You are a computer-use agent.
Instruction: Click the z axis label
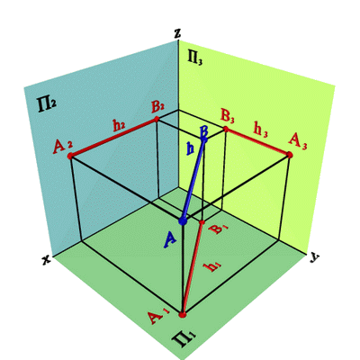pyautogui.click(x=177, y=33)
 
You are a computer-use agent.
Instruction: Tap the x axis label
pyautogui.click(x=47, y=260)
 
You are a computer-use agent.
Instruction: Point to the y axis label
pyautogui.click(x=314, y=257)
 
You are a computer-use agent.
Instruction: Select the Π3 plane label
pyautogui.click(x=195, y=57)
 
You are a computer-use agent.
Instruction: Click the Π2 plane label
pyautogui.click(x=47, y=104)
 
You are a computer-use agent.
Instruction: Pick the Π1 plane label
pyautogui.click(x=184, y=340)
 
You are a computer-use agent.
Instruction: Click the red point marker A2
pyautogui.click(x=70, y=156)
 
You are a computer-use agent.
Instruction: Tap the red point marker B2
pyautogui.click(x=157, y=120)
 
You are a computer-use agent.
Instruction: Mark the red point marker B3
pyautogui.click(x=226, y=129)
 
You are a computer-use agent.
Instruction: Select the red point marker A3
pyautogui.click(x=290, y=155)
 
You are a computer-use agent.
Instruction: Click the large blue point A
pyautogui.click(x=183, y=221)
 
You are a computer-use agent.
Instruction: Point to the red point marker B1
pyautogui.click(x=202, y=222)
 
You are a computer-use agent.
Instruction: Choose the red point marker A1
pyautogui.click(x=183, y=315)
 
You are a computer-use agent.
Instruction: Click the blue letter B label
pyautogui.click(x=204, y=133)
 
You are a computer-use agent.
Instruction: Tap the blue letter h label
pyautogui.click(x=190, y=148)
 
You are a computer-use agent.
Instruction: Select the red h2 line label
pyautogui.click(x=119, y=126)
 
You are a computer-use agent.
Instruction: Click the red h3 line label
pyautogui.click(x=260, y=129)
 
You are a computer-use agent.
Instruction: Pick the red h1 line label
pyautogui.click(x=212, y=266)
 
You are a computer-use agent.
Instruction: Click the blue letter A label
pyautogui.click(x=169, y=240)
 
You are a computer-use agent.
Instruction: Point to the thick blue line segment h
pyautogui.click(x=193, y=180)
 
